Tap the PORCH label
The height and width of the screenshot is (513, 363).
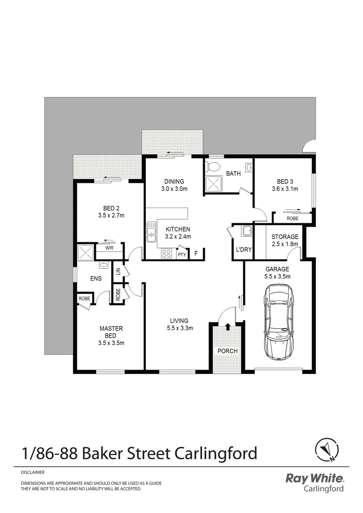tap(228, 351)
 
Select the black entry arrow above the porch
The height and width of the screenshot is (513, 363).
tap(228, 327)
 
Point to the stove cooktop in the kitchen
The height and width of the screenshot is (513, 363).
tap(166, 253)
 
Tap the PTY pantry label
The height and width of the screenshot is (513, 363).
tap(181, 255)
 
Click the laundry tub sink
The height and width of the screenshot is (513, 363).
tap(247, 231)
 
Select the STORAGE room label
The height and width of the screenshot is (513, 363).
tap(285, 237)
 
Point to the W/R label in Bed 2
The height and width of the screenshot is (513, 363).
tap(109, 248)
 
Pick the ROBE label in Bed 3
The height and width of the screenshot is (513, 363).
tap(293, 218)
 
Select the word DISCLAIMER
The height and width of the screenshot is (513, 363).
tap(33, 473)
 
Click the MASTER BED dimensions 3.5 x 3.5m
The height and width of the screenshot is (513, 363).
tap(111, 342)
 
